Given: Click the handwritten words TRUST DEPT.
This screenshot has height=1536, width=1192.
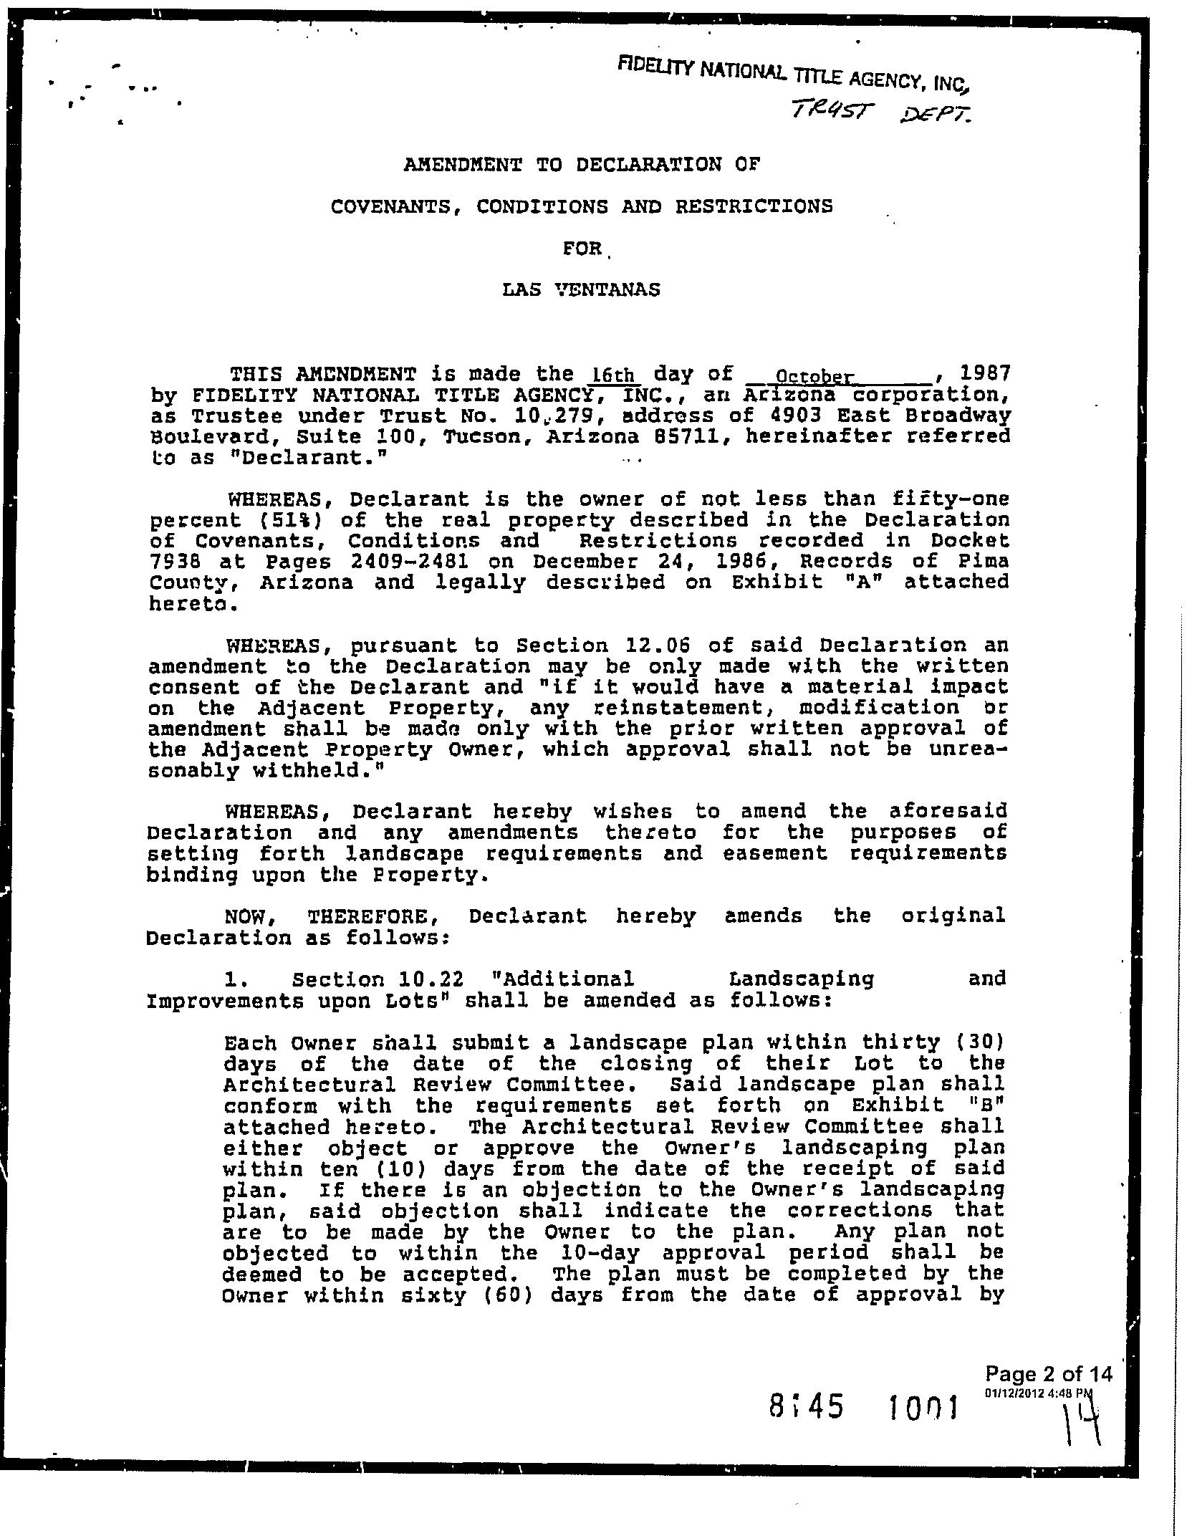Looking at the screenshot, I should click(881, 110).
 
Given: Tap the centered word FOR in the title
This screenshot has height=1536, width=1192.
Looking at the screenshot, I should click(582, 249).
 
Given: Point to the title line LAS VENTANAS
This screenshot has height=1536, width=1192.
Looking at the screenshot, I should click(581, 290).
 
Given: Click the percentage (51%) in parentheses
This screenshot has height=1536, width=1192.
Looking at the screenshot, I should click(292, 520).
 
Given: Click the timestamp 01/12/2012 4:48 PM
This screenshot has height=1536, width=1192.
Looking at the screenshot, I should click(1039, 1393).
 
